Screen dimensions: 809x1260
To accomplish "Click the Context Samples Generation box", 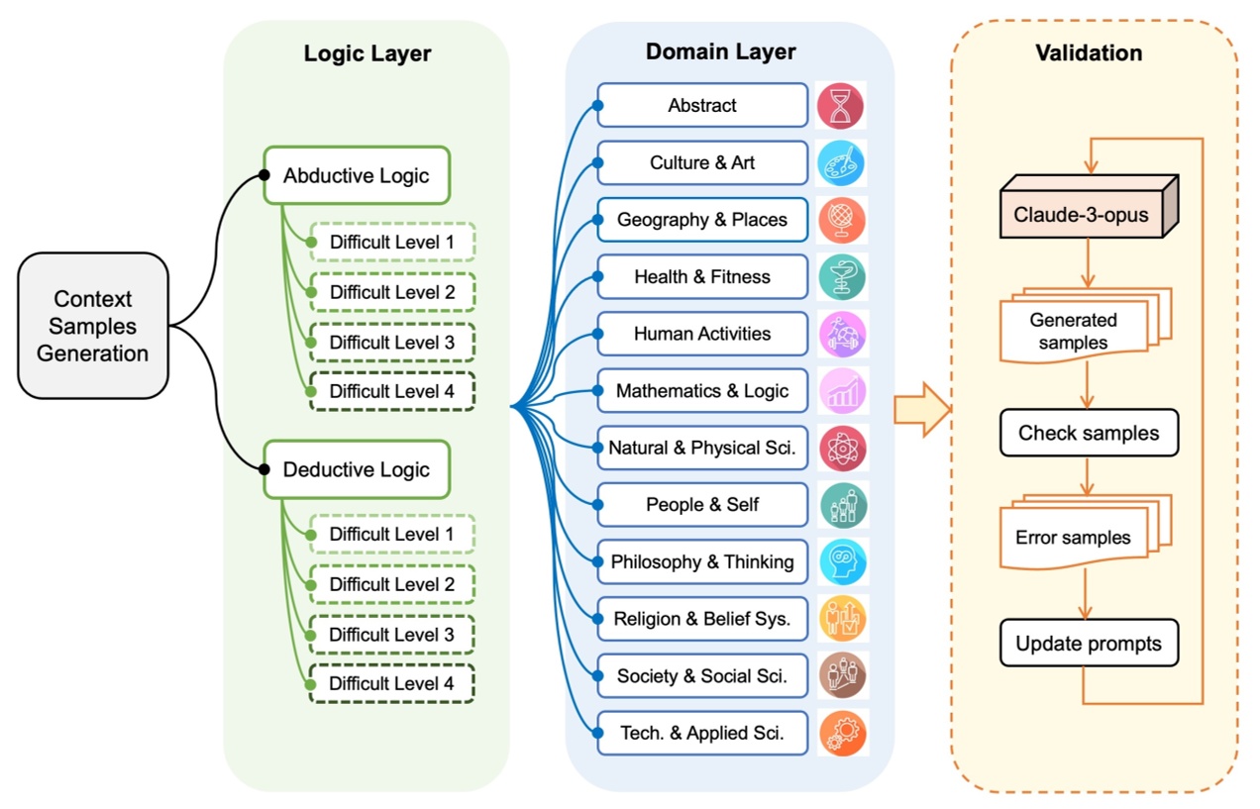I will pos(93,326).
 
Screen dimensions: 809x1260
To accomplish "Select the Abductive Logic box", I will pos(357,175).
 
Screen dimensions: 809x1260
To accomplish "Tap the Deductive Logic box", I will pos(357,469).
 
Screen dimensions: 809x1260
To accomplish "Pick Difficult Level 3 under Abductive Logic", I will pos(391,342).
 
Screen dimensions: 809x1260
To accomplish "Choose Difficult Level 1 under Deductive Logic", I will pos(391,534).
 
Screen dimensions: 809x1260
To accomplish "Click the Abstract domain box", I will pos(702,105).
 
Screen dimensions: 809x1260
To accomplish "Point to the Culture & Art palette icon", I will pos(842,162).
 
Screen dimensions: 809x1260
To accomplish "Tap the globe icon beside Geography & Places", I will pos(842,220).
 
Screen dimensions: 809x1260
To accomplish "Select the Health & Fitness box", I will pos(702,276).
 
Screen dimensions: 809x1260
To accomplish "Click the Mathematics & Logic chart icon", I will pos(842,391).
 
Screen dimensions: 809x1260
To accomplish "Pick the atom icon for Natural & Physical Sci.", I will pos(842,448).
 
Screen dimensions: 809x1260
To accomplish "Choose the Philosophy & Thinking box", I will pos(702,561).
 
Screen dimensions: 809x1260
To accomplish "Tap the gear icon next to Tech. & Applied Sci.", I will pos(842,733).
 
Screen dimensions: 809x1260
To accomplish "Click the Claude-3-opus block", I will pos(1088,213).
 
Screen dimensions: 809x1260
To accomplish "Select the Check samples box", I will pos(1089,433).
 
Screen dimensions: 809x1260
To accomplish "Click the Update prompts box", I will pos(1089,644).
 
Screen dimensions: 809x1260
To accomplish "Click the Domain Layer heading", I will pos(720,51).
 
